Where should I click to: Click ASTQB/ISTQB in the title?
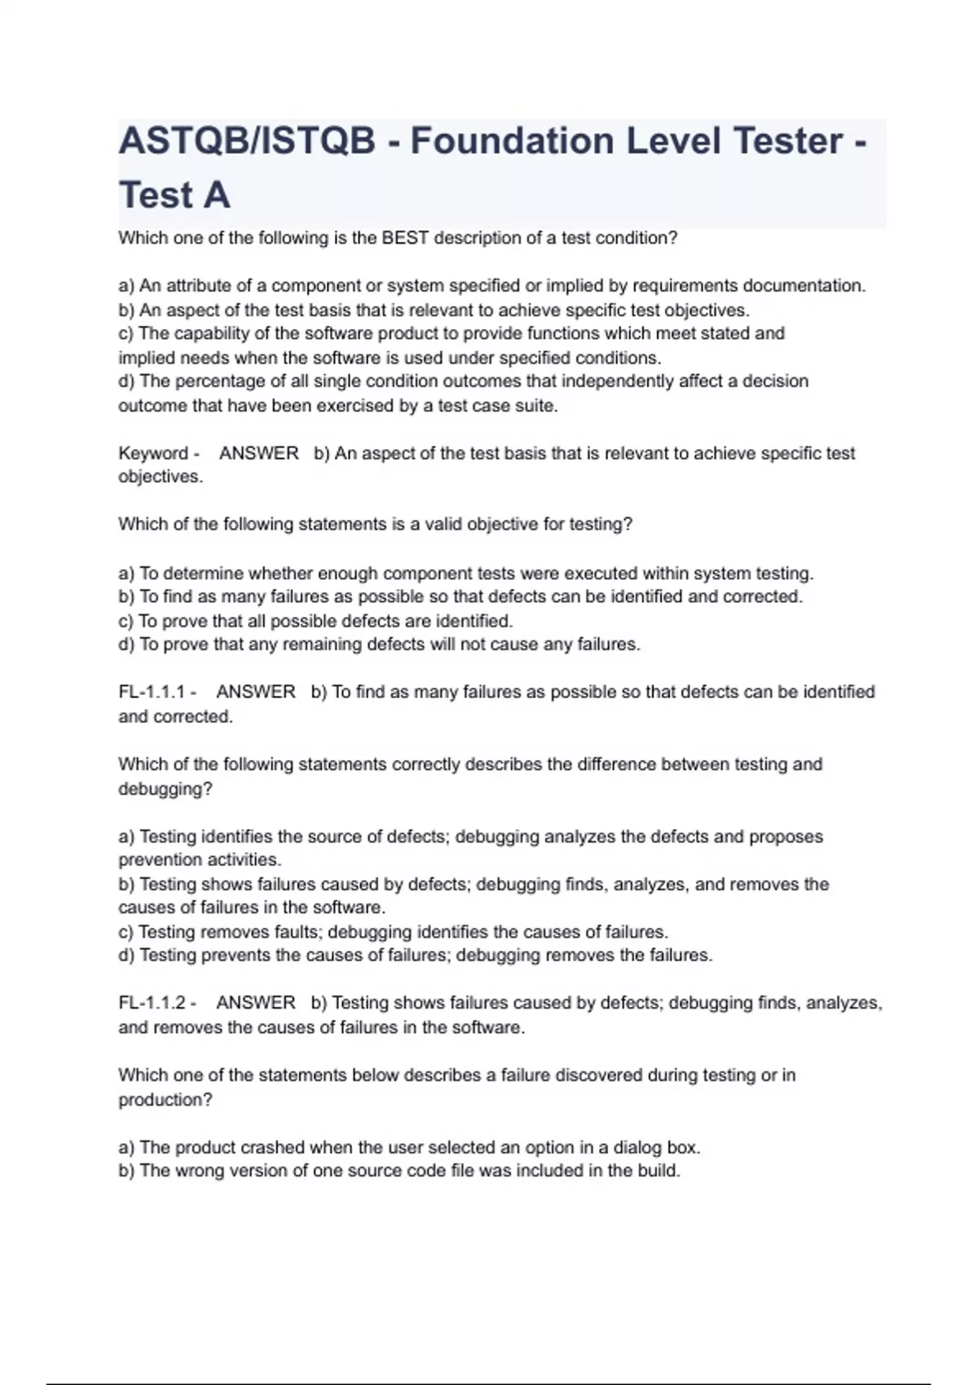(x=247, y=141)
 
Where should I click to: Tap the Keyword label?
(x=153, y=453)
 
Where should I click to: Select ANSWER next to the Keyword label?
(x=258, y=453)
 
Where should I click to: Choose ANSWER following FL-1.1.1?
(x=256, y=692)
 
